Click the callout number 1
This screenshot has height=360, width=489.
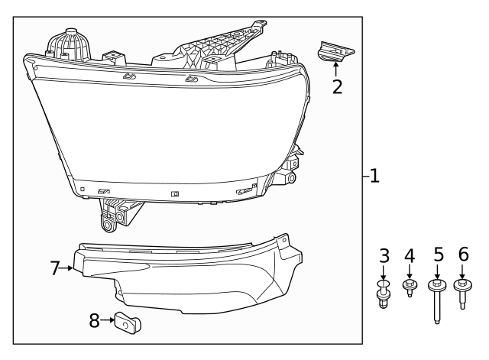coord(374,177)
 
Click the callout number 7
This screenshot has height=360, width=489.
coord(55,268)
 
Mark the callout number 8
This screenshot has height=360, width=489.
coord(95,321)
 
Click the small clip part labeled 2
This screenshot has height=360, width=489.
coord(335,53)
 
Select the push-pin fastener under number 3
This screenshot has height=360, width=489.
coord(384,294)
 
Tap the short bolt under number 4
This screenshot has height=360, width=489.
coord(410,289)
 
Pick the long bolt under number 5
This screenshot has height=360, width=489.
coord(438,302)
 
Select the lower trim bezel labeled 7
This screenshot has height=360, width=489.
coord(191,279)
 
